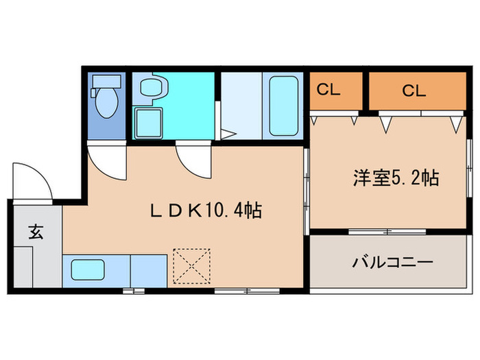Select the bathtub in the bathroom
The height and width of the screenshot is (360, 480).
pos(282,106)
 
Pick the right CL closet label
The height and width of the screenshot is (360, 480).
pos(413,90)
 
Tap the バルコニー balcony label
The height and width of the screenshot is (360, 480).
pos(392,262)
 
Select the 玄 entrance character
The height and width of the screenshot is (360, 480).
pos(36,231)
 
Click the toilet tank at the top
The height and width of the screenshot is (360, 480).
pos(106,82)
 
